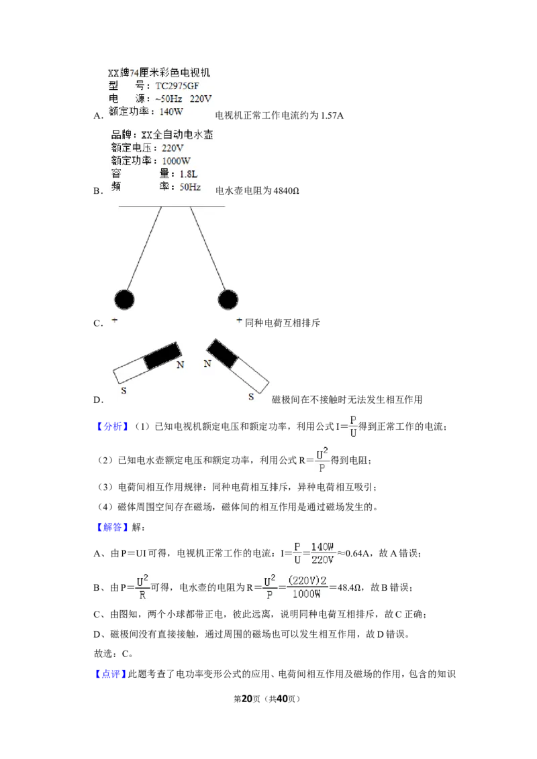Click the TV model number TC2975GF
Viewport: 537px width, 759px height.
[177, 86]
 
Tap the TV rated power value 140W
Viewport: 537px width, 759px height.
[172, 112]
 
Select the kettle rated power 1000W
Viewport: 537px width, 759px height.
[176, 161]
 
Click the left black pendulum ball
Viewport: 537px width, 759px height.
[124, 300]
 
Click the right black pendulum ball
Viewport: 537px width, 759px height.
[228, 300]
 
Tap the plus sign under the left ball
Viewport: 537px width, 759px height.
[115, 320]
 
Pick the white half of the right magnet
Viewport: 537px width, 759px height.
[249, 375]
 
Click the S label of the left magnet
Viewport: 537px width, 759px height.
[124, 391]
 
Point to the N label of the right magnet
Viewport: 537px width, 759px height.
[207, 363]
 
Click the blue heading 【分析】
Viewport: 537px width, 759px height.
[112, 426]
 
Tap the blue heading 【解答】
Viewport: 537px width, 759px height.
[112, 527]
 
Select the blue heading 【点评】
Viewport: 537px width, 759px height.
[110, 674]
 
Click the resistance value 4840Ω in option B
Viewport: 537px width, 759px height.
[287, 190]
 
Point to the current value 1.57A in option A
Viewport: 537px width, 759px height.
[332, 116]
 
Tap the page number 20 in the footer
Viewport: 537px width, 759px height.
[247, 699]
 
